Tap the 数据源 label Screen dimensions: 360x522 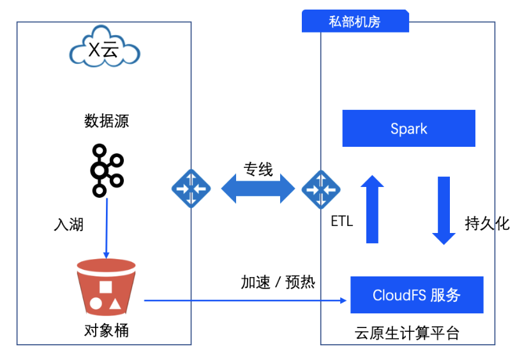[x=107, y=121]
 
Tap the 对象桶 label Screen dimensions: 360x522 [x=106, y=331]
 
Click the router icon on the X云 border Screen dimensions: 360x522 [x=191, y=189]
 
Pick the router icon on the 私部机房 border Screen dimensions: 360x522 [x=320, y=189]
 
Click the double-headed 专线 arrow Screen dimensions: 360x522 [x=257, y=189]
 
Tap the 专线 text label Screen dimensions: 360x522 [x=258, y=170]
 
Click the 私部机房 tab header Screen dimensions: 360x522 [x=355, y=22]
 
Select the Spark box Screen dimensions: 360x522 [x=408, y=128]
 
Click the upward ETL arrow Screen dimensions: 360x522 [x=372, y=211]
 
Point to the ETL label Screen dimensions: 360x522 [x=342, y=221]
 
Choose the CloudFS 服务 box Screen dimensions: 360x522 [x=416, y=295]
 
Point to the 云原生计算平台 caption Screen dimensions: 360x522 [x=406, y=333]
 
